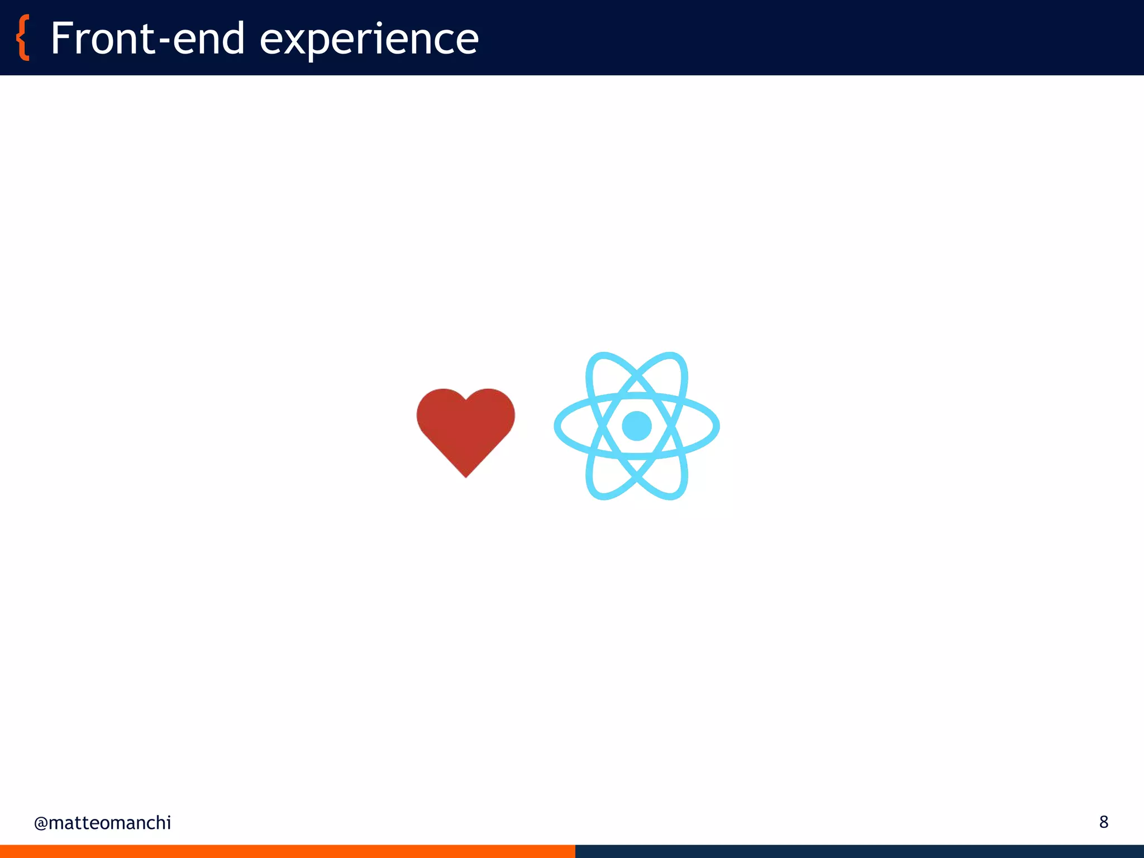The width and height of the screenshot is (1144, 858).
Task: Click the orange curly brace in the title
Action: [23, 38]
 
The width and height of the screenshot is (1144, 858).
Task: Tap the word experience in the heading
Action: [369, 40]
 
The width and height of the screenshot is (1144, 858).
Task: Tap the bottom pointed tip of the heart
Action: [466, 476]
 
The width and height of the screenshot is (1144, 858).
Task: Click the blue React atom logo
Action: [637, 426]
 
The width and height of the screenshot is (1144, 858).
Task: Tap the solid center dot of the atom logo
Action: [637, 426]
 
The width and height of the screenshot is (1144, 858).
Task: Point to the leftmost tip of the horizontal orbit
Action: [557, 426]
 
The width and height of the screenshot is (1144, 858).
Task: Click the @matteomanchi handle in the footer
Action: [102, 823]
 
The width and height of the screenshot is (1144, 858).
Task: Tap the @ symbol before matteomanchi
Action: [41, 823]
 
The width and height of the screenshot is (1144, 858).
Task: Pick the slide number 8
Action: [1104, 822]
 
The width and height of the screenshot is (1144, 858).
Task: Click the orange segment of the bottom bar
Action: [287, 851]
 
